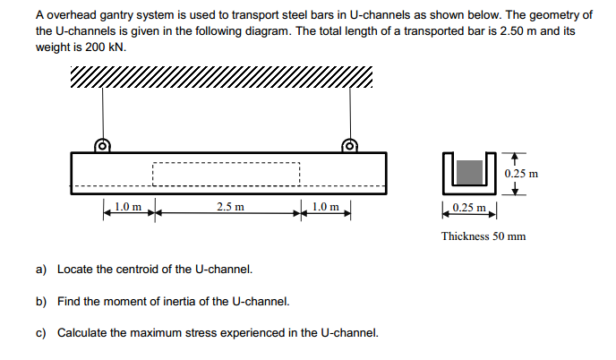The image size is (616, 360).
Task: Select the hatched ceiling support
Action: (220, 80)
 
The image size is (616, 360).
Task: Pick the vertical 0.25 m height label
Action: (521, 173)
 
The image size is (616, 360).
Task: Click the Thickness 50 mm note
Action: (483, 236)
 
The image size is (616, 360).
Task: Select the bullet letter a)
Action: (41, 269)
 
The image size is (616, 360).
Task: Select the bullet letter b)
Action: (41, 301)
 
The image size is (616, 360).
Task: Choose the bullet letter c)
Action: (41, 333)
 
